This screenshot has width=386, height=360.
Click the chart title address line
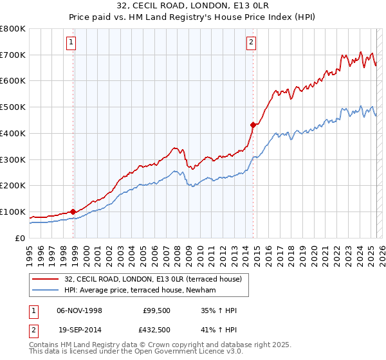(x=193, y=5)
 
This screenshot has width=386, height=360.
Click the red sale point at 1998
(x=73, y=212)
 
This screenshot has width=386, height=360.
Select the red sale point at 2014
(x=253, y=125)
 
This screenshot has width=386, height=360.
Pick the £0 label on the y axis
(x=21, y=238)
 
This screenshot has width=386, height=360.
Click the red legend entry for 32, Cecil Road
(x=152, y=279)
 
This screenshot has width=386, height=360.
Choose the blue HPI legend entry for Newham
(x=139, y=291)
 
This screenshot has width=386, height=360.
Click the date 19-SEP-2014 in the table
(x=79, y=329)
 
